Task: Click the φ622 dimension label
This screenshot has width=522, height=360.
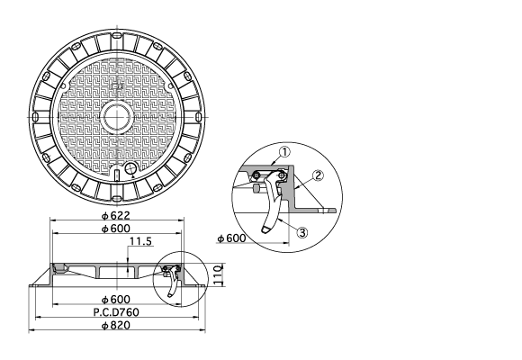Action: click(x=115, y=215)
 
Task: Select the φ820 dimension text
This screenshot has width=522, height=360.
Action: click(x=115, y=325)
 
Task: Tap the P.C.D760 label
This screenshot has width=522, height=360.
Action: click(x=116, y=312)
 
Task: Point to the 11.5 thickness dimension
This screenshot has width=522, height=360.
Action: click(x=140, y=241)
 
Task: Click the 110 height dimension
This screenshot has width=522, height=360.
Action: click(x=218, y=274)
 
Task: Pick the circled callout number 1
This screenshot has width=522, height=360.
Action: click(x=284, y=152)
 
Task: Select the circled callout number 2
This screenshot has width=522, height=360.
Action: click(x=319, y=175)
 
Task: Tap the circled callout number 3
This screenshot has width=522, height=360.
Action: click(x=302, y=232)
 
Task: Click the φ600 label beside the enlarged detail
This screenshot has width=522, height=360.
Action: click(x=231, y=238)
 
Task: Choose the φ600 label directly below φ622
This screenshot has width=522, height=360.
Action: click(x=115, y=229)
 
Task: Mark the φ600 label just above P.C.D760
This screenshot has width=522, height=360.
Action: click(x=115, y=300)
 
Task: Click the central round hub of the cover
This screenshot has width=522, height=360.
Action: click(x=118, y=117)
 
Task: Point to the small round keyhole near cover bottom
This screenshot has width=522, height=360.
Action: click(x=130, y=168)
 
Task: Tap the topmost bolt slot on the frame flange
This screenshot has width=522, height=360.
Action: click(x=117, y=36)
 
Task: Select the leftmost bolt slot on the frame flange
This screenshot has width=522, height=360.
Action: click(x=35, y=117)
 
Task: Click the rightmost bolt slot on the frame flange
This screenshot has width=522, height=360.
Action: click(x=198, y=117)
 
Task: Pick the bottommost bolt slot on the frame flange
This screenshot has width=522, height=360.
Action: click(x=117, y=199)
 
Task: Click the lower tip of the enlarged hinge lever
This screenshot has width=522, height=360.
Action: click(x=265, y=230)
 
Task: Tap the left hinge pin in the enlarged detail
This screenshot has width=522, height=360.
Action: click(x=256, y=175)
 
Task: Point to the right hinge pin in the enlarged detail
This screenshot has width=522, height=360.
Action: click(x=282, y=175)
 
